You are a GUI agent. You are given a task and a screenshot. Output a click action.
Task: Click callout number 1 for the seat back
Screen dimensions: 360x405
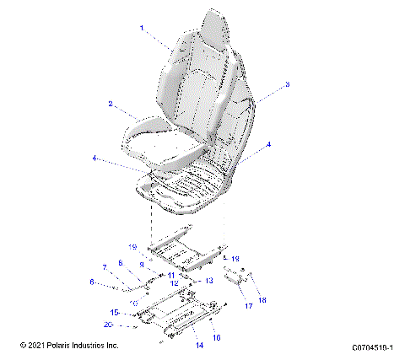(142, 28)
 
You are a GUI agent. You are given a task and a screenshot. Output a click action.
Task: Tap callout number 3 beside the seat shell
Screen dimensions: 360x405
(287, 84)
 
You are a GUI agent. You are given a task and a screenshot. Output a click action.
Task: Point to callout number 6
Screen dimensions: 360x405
(92, 282)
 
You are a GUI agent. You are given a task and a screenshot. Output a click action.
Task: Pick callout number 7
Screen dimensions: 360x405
(105, 267)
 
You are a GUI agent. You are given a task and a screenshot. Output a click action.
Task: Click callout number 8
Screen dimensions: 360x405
(120, 263)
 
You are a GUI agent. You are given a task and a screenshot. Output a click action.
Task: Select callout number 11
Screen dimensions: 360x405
(170, 276)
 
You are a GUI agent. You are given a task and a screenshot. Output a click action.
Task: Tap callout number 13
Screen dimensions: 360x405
(208, 281)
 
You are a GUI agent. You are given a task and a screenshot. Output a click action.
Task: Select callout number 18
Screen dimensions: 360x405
(262, 299)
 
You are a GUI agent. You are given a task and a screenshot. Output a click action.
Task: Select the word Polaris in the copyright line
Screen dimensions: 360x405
(57, 347)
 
